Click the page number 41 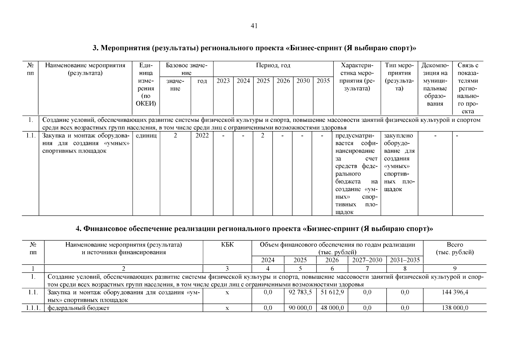[x=254, y=26]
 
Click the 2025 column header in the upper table [x=263, y=81]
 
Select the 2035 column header [x=323, y=81]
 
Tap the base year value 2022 [x=202, y=136]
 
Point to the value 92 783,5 [x=300, y=292]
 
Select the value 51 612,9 [x=332, y=292]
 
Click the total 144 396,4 [x=455, y=292]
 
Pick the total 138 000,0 [x=455, y=308]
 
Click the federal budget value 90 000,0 [x=300, y=308]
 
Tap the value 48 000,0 [x=332, y=308]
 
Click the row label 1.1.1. [x=33, y=308]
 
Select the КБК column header [x=227, y=245]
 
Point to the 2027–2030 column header [x=367, y=260]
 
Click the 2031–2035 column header [x=405, y=260]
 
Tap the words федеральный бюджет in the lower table [x=78, y=308]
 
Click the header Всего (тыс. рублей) [x=455, y=248]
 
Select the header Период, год [x=273, y=65]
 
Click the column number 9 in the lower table [x=455, y=269]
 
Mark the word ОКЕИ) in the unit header [x=146, y=104]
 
